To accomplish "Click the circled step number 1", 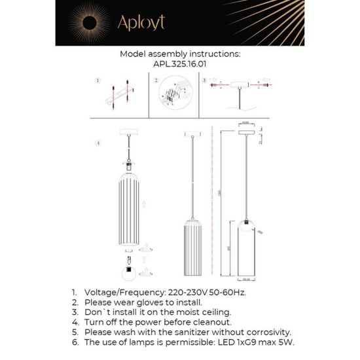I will pyautogui.click(x=96, y=82).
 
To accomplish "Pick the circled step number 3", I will pyautogui.click(x=204, y=82).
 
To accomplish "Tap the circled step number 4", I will pyautogui.click(x=98, y=143).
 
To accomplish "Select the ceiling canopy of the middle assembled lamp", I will pyautogui.click(x=191, y=135).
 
